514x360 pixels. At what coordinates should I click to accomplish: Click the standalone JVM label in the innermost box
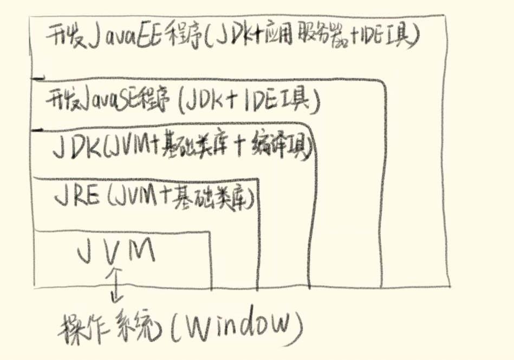click(116, 250)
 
